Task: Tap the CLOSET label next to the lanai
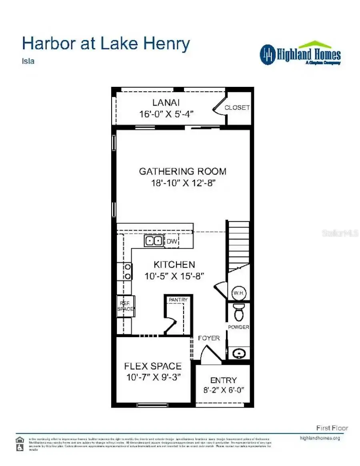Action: (237, 108)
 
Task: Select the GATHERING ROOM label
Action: (182, 171)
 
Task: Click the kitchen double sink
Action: (154, 241)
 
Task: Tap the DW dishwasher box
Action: (172, 241)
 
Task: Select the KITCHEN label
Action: (174, 265)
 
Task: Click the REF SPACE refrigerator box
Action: (126, 306)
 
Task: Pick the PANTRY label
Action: (178, 299)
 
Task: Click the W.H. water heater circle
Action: (239, 293)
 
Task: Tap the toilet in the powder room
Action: (239, 312)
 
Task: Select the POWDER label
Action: (238, 327)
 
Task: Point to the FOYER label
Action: (209, 338)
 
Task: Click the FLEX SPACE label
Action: (153, 366)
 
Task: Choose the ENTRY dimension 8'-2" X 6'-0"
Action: (223, 390)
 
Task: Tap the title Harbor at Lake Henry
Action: (106, 44)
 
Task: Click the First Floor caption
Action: (332, 428)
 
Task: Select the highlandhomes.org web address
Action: (320, 438)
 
